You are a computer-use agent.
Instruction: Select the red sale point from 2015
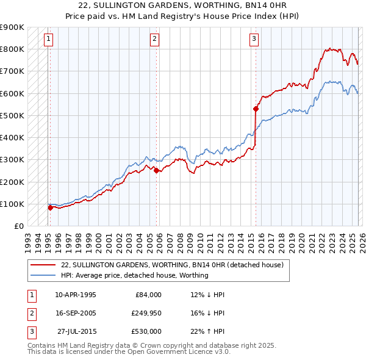point(256,109)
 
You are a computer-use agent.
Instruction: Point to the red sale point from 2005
point(156,171)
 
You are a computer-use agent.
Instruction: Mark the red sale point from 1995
point(50,207)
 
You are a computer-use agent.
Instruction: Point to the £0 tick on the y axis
point(20,226)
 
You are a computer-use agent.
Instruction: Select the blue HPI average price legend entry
point(135,275)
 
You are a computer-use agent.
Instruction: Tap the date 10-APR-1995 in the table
point(75,295)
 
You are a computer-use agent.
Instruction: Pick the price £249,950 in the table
point(146,313)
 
